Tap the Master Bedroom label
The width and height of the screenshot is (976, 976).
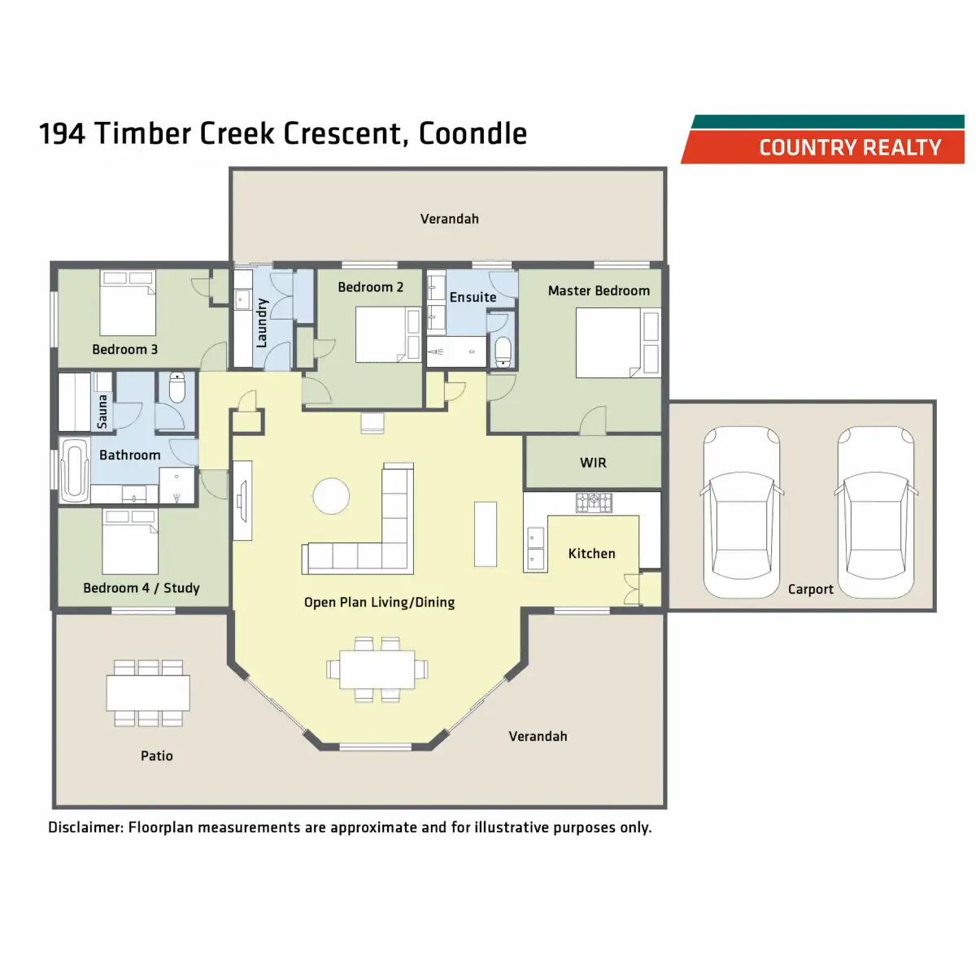(599, 290)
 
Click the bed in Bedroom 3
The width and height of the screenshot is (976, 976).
(128, 303)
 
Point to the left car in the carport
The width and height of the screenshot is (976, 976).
(741, 512)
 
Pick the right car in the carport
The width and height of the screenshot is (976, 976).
(876, 512)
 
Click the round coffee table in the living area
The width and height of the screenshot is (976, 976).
(332, 495)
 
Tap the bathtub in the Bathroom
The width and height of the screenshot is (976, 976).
(74, 469)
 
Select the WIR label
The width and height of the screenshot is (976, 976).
(593, 463)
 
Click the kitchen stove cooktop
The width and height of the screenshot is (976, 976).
(594, 503)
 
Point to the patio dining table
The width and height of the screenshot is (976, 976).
(148, 693)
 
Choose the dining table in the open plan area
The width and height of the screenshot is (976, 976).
(377, 669)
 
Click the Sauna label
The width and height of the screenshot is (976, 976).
(102, 412)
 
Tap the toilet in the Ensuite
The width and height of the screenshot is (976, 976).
(503, 352)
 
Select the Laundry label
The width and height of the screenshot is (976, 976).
(262, 324)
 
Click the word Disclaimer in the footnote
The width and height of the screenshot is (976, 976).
(85, 828)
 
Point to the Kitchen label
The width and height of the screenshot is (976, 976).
(591, 554)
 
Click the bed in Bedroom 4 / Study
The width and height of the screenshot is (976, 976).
(130, 541)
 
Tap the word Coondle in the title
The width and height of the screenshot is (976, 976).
(473, 133)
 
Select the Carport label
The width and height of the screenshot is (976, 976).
(810, 590)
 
